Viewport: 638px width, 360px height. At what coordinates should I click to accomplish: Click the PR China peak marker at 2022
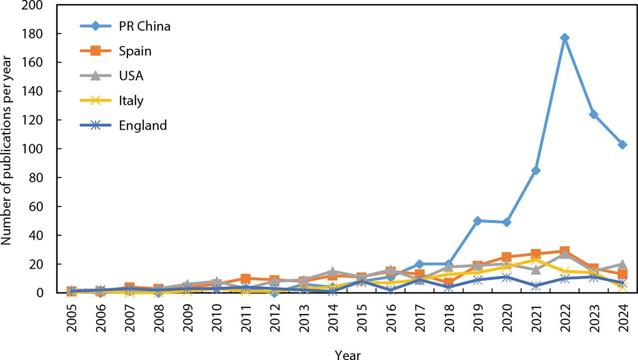[x=565, y=38]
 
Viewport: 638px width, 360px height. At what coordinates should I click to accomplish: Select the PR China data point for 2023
[x=594, y=114]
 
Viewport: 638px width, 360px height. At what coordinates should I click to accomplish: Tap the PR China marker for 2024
[x=623, y=145]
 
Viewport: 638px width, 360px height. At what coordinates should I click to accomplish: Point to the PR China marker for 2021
[x=536, y=171]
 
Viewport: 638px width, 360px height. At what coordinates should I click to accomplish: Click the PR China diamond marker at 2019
[x=478, y=220]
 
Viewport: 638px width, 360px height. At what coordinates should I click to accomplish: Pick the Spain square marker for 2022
[x=565, y=251]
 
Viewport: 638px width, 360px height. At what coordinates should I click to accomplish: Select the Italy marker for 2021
[x=536, y=260]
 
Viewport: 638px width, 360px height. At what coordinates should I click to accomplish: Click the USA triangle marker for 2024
[x=623, y=264]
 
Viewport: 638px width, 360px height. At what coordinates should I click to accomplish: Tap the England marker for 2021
[x=536, y=286]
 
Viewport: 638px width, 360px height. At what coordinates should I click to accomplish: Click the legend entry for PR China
[x=145, y=26]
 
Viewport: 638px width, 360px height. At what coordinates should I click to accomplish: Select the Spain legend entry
[x=135, y=51]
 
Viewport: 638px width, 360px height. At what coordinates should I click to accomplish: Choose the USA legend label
[x=131, y=76]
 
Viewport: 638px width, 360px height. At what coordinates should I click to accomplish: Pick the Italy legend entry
[x=131, y=101]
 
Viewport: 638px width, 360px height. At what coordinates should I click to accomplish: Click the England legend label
[x=143, y=126]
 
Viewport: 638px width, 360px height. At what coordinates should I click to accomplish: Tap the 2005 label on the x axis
[x=72, y=313]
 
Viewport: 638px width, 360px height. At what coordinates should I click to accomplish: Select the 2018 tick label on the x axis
[x=449, y=313]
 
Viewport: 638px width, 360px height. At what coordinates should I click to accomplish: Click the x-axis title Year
[x=347, y=354]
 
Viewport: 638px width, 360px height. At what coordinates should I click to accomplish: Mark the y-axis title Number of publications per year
[x=7, y=149]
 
